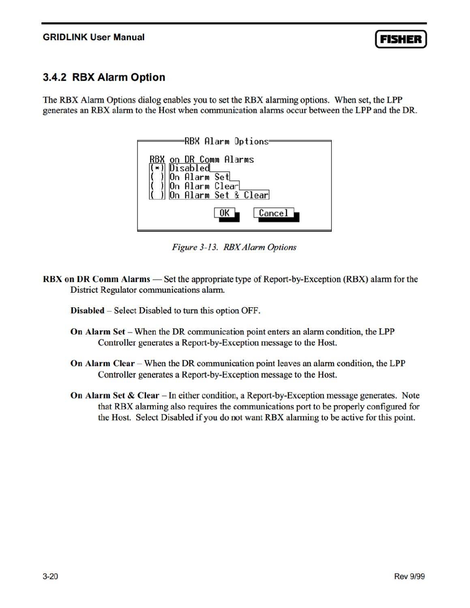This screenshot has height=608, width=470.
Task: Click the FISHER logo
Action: tap(401, 39)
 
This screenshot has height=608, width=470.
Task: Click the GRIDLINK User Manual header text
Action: tap(94, 37)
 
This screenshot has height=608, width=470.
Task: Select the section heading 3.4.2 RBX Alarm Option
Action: tap(104, 77)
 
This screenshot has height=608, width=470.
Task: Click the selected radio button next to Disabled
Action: tap(157, 168)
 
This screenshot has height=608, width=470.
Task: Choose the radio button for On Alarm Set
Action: tap(157, 177)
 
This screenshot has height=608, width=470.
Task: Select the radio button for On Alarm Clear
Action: tap(157, 186)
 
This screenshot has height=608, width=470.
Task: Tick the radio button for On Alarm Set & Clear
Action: tap(157, 195)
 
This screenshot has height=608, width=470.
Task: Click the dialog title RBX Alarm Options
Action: tap(227, 141)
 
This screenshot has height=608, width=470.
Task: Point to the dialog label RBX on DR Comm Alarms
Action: tap(202, 159)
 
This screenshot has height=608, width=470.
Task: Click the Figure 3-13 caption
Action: tap(234, 247)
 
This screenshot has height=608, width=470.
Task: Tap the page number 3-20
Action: tap(50, 576)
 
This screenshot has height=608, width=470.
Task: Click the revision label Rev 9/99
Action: tap(409, 576)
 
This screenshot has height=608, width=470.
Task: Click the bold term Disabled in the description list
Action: tap(87, 310)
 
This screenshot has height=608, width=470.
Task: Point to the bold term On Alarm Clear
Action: tap(102, 363)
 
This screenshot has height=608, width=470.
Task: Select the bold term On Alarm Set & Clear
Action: tap(114, 395)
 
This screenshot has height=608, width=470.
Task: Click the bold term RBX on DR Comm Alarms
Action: tap(97, 279)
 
